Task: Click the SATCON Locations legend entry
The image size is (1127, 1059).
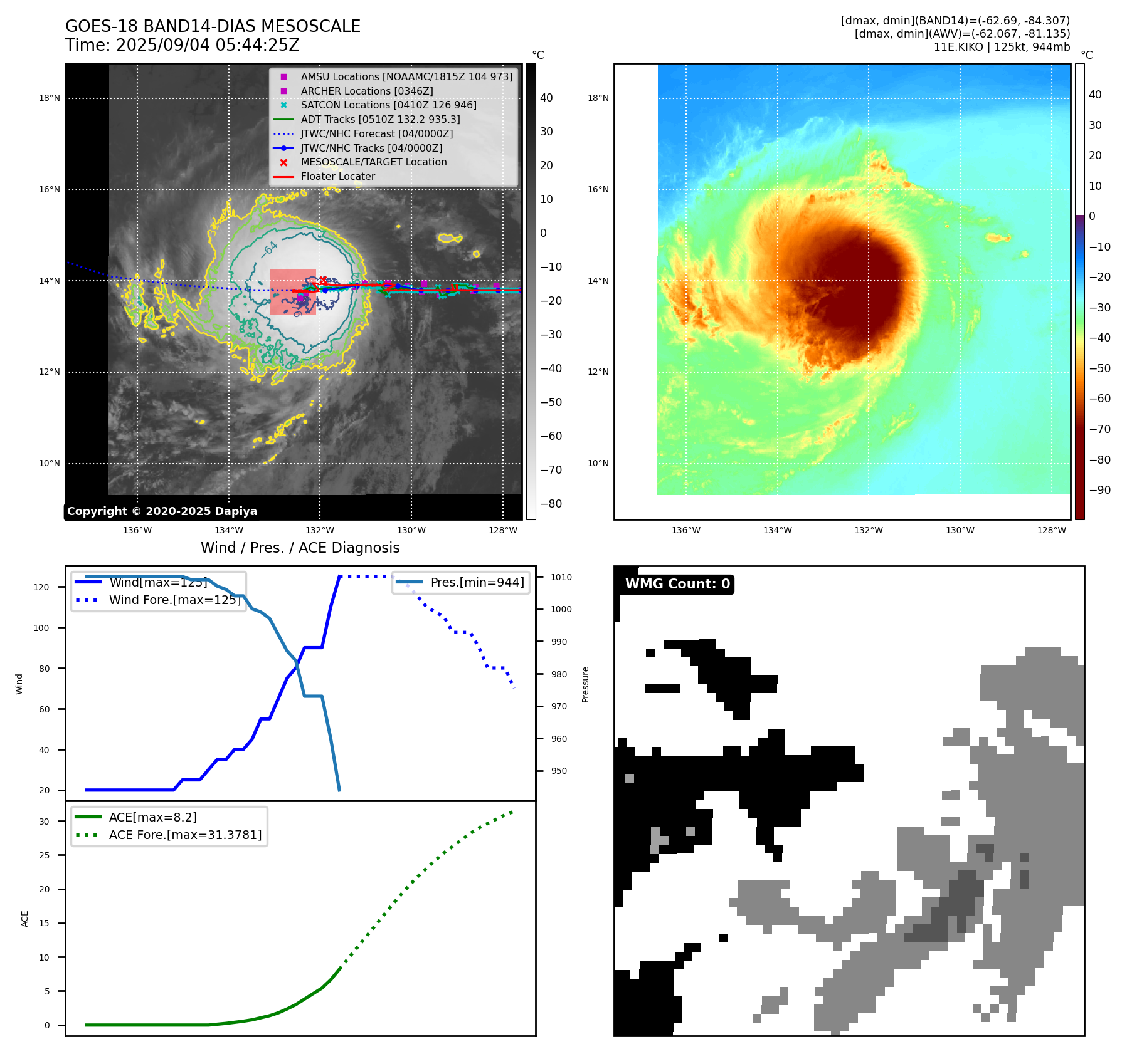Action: point(388,105)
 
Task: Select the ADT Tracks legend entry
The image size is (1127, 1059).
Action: point(380,119)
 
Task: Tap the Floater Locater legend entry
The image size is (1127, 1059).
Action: point(337,177)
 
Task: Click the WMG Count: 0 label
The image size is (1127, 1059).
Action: point(677,584)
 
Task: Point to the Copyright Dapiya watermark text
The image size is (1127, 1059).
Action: point(162,511)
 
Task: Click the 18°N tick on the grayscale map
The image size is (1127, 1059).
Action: point(50,98)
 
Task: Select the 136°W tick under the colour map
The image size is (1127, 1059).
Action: point(685,530)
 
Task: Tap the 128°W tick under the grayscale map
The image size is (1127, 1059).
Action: point(503,530)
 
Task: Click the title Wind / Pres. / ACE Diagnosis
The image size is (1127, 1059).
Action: point(300,548)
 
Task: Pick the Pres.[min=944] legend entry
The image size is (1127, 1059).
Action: point(477,582)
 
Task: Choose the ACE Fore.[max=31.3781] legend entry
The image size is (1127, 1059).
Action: point(185,835)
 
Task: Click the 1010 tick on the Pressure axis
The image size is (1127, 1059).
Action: point(561,577)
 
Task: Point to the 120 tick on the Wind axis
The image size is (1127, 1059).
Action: point(41,587)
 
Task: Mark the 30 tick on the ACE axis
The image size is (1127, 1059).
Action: point(45,822)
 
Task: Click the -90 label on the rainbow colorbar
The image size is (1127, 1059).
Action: point(1099,490)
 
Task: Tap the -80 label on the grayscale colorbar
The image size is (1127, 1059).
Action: point(551,504)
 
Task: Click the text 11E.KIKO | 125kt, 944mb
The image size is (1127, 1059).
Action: point(1002,47)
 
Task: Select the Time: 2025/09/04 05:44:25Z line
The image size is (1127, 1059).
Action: point(183,46)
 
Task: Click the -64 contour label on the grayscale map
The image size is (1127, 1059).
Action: point(270,248)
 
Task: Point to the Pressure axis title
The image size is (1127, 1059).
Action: point(585,684)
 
